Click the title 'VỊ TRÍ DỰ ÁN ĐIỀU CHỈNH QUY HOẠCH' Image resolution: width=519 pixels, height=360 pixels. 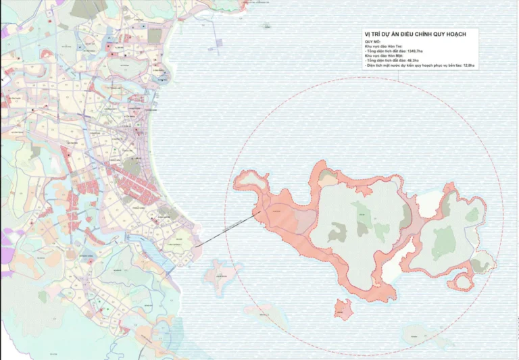tap(420, 34)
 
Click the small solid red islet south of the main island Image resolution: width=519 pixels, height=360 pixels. tap(343, 309)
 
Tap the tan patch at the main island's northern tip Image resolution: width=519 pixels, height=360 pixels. tap(328, 177)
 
